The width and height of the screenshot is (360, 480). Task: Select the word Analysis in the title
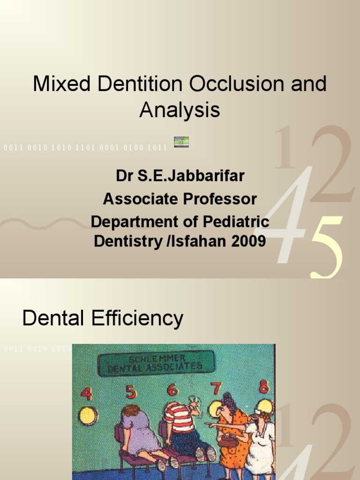point(180,110)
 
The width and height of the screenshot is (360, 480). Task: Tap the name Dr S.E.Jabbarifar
point(180,177)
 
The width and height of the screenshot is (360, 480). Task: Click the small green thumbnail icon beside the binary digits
point(181,142)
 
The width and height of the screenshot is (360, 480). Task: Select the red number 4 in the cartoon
point(86,393)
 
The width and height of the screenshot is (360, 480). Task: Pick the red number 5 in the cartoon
point(131,391)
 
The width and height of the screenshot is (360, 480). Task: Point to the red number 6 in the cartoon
point(172,390)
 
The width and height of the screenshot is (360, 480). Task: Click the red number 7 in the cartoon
point(216,389)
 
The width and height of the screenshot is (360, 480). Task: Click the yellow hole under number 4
point(88,415)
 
